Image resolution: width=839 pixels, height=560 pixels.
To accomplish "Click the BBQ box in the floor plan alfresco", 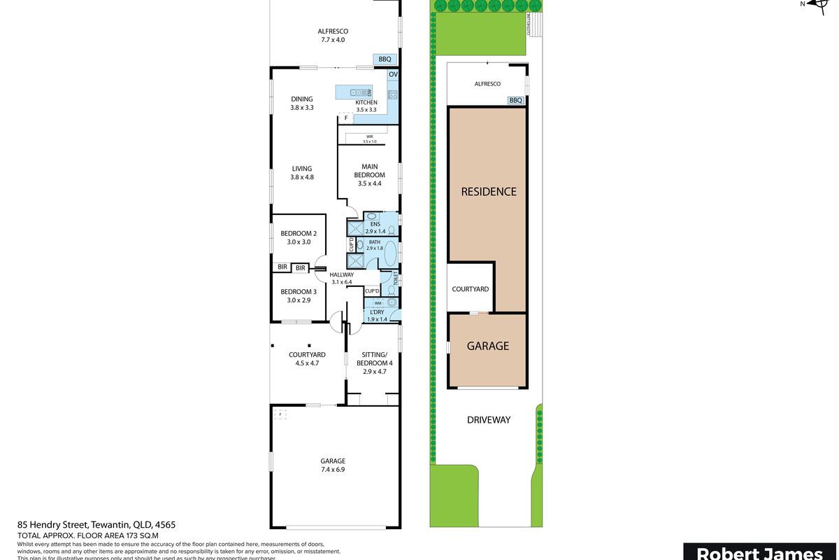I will (385, 59).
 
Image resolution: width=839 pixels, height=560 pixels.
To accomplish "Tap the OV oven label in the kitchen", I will (393, 74).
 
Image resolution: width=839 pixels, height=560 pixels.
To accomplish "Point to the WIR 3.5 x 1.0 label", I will (369, 139).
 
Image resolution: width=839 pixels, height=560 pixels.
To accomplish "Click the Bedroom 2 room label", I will (299, 237).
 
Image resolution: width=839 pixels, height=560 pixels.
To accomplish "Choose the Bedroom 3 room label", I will (299, 295).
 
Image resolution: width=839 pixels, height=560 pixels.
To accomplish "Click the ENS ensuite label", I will (375, 227).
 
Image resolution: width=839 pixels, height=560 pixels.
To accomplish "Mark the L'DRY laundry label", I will (378, 315).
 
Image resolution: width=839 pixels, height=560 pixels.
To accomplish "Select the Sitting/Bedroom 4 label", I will (375, 363).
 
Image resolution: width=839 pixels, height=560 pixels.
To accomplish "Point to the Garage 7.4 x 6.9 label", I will (333, 465).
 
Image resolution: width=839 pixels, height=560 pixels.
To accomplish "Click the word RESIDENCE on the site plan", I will (488, 191).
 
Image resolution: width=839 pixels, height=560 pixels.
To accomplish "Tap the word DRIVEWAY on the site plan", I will (488, 420).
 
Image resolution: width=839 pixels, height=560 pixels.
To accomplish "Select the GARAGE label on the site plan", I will (487, 346).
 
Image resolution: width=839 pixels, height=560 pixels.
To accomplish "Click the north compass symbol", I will (815, 4).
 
